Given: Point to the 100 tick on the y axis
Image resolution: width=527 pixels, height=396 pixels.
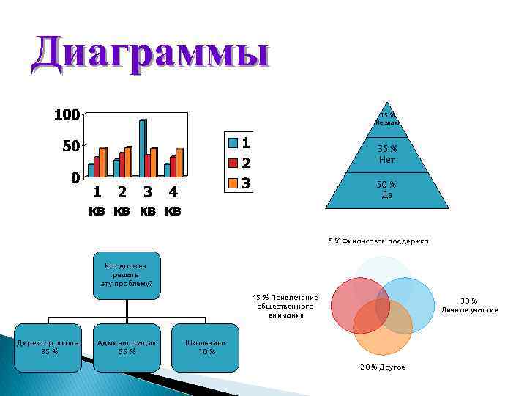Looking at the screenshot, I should tap(66, 115).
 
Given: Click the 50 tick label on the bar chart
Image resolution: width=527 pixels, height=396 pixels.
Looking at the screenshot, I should tap(70, 147).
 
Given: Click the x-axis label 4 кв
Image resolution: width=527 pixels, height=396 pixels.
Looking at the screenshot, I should tap(173, 202).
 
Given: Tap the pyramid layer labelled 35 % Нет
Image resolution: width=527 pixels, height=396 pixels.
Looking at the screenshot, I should tap(387, 155).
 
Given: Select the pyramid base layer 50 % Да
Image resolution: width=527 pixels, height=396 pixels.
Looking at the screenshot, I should tap(387, 189).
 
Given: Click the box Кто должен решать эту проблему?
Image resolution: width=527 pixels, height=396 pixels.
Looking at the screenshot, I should tap(126, 275).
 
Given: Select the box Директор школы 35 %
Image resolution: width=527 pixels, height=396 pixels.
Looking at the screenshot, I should tap(49, 347).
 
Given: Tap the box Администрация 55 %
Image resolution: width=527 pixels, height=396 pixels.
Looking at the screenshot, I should tap(126, 347).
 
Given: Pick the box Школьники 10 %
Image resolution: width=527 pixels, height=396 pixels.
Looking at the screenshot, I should tap(205, 347).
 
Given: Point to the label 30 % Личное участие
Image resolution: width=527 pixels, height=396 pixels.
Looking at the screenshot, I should tap(469, 305).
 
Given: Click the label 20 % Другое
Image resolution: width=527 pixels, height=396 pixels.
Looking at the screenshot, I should tap(381, 367).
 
